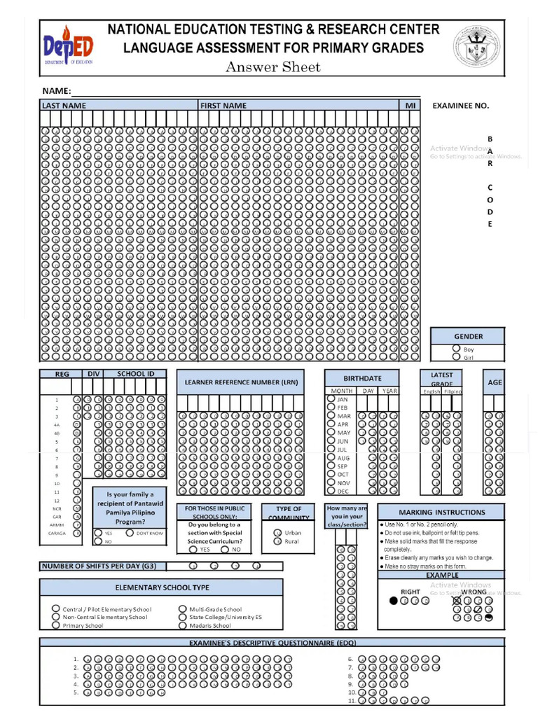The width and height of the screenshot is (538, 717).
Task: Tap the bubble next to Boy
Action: click(456, 348)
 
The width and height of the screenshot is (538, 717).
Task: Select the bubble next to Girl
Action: click(456, 357)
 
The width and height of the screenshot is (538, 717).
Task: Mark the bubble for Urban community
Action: click(277, 533)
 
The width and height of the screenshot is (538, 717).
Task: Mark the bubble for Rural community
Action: click(277, 541)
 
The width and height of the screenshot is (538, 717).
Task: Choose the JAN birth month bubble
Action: click(331, 398)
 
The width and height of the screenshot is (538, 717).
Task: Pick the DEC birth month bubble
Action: click(331, 491)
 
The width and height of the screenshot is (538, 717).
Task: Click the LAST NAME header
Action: click(64, 106)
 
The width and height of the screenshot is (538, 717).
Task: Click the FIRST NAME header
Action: click(223, 106)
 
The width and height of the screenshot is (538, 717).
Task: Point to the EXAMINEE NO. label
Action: click(460, 106)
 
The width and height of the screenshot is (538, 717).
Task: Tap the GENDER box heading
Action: click(468, 336)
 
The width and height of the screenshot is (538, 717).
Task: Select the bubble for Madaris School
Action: click(183, 625)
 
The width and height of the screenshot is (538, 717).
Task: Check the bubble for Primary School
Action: click(55, 625)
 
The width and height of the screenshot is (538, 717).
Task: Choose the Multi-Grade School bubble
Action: click(183, 609)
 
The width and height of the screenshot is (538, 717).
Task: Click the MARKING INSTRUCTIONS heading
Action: click(441, 512)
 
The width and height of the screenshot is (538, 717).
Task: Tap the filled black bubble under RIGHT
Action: click(394, 600)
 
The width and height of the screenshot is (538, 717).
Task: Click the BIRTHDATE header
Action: click(362, 377)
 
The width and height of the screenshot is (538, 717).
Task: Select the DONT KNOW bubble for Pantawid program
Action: click(130, 533)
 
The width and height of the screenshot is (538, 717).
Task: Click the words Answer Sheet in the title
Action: click(273, 67)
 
